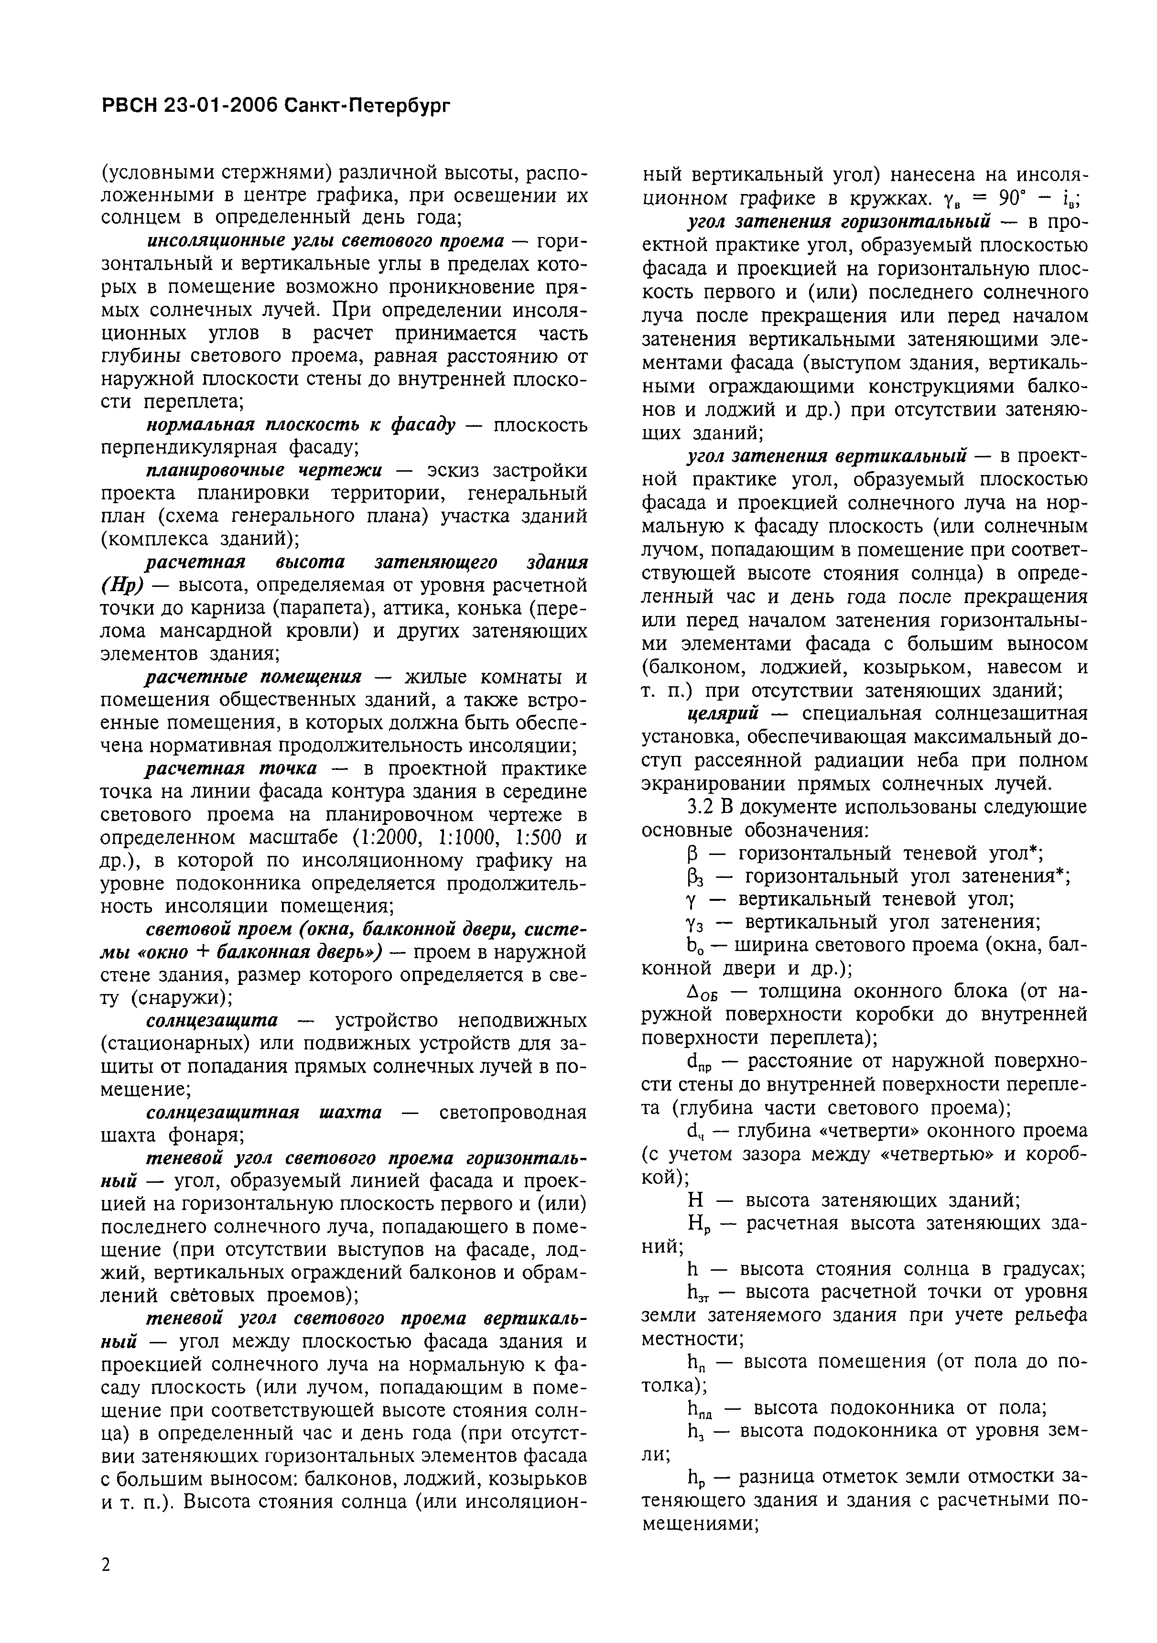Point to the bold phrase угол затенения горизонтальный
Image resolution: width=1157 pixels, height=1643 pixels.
838,221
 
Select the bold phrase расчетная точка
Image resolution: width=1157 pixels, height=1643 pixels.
230,768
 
